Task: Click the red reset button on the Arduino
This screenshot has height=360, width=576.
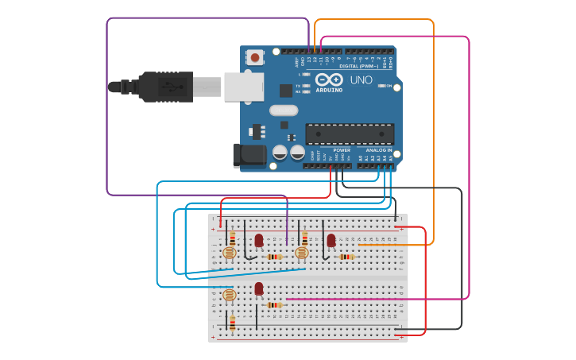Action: pos(254,56)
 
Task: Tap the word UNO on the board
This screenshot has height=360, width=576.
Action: pos(361,80)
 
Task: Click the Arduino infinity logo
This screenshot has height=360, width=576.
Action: pos(329,79)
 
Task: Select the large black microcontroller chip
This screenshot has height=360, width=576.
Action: pos(350,134)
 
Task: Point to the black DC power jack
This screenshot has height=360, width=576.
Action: pos(249,156)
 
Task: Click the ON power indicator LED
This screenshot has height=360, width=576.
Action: pos(381,85)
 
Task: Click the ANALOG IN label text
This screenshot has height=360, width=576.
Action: pos(378,150)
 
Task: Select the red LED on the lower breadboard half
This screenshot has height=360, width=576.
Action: pos(259,288)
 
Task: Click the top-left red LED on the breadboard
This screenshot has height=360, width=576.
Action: pos(258,239)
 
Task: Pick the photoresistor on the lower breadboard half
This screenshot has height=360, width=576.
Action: pos(230,295)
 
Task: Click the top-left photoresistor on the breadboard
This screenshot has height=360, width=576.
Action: pos(230,253)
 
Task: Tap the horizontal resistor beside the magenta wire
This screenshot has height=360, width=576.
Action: pos(275,304)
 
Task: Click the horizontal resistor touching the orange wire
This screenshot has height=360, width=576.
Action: pos(346,257)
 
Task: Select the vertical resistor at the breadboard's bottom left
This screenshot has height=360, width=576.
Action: pos(232,322)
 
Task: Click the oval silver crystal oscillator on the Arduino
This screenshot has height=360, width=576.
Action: pos(284,110)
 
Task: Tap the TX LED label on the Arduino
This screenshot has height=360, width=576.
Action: pos(299,85)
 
